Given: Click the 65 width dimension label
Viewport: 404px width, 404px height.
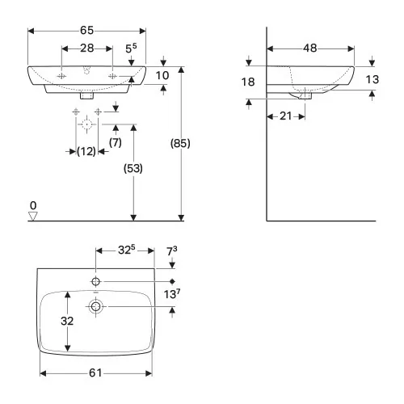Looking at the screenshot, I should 87,28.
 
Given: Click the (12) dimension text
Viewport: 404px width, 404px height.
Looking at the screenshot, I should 86,151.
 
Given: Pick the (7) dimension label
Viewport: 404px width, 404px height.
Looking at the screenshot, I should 116,143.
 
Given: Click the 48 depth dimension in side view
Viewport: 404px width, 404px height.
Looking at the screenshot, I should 309,48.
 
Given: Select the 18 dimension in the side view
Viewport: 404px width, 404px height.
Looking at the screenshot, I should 248,82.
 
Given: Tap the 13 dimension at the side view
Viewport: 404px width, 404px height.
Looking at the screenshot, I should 372,79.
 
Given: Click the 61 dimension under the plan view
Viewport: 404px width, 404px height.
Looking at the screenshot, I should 95,372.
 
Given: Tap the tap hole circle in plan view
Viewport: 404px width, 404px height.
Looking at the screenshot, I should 96,281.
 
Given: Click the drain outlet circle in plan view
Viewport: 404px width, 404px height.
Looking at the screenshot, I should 96,306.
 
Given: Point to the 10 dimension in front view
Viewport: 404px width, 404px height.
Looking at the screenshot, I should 162,75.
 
